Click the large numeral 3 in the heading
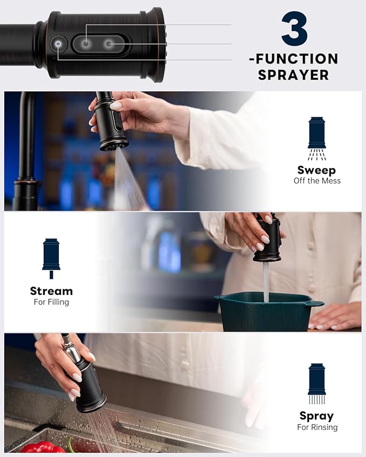(x=294, y=29)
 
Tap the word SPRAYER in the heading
(x=293, y=75)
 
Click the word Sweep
(x=317, y=170)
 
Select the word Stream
(x=51, y=291)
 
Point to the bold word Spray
(x=316, y=416)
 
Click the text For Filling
(x=51, y=302)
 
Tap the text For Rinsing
(x=317, y=427)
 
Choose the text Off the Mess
(x=317, y=181)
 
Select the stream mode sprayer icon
(x=51, y=258)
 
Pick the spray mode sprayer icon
(x=317, y=383)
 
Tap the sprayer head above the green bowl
(x=268, y=239)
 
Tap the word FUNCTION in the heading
(x=298, y=58)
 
